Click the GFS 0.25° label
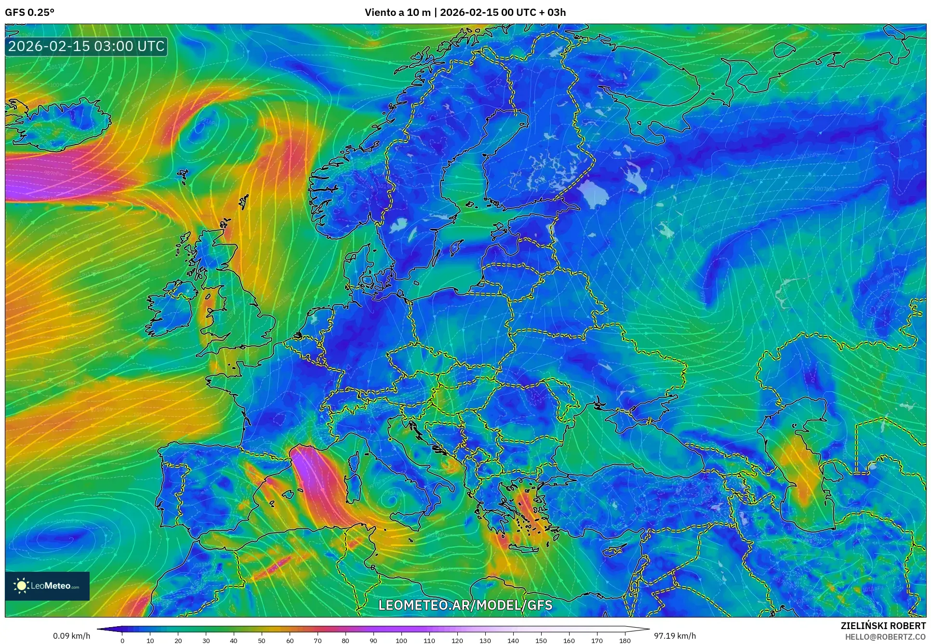[29, 13]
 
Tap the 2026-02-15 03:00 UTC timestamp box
[87, 46]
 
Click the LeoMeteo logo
[47, 586]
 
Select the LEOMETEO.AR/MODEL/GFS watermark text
[465, 605]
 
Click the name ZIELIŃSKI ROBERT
[883, 626]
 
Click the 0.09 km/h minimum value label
[71, 636]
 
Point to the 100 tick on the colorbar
[401, 640]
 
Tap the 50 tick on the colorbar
[262, 640]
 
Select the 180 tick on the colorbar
[625, 640]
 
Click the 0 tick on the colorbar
[122, 640]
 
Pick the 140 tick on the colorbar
[513, 640]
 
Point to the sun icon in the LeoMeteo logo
[21, 586]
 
